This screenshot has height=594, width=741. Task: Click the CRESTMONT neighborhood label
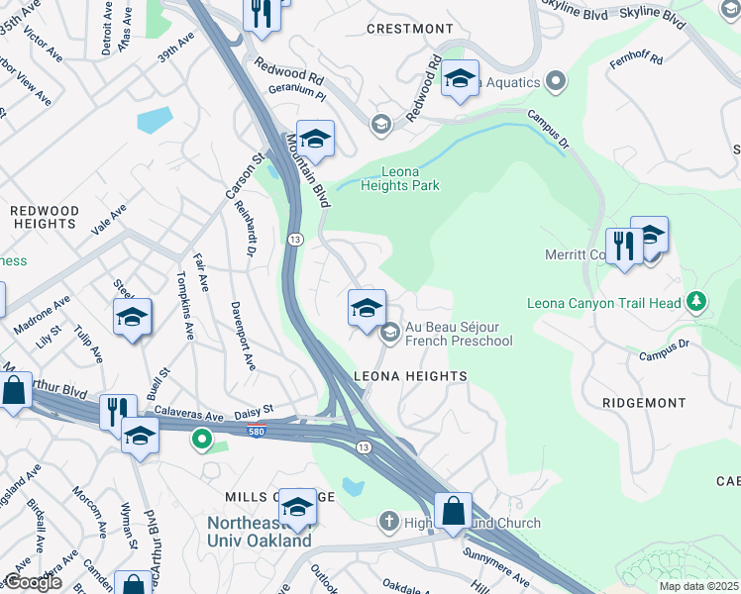tap(409, 29)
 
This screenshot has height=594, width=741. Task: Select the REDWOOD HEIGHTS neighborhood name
tap(45, 218)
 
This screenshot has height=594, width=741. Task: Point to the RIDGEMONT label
tap(644, 403)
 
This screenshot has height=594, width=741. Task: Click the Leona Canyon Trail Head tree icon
tap(697, 300)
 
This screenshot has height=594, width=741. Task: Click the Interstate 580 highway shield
tap(257, 428)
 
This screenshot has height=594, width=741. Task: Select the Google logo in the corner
tap(33, 582)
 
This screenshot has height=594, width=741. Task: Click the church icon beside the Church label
tap(389, 522)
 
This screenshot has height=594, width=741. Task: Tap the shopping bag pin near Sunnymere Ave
tap(453, 512)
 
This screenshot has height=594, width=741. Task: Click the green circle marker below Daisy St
tap(202, 438)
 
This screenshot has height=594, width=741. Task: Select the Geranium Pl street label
tap(297, 87)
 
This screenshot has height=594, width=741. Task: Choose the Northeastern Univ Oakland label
tap(260, 532)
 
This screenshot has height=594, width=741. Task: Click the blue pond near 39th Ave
tap(155, 120)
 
